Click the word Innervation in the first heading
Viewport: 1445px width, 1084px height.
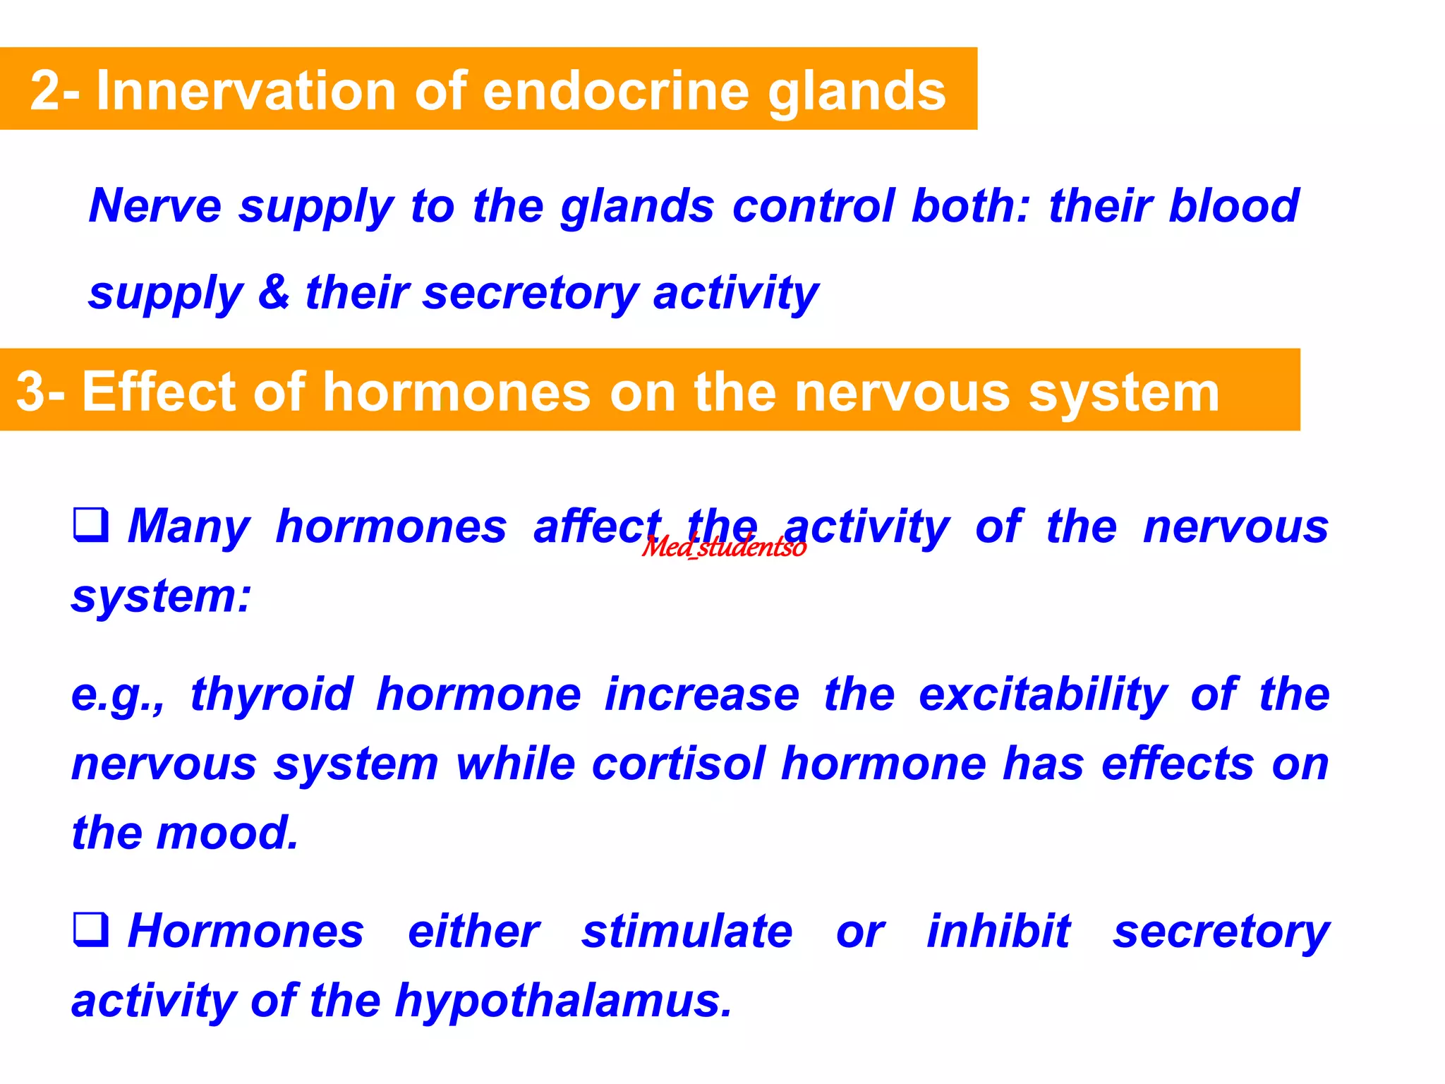[246, 90]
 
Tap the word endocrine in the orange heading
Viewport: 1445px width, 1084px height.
[615, 90]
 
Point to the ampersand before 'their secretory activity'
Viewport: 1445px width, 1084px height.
[274, 292]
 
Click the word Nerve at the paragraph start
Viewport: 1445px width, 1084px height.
[155, 205]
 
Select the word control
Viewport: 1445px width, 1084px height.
[813, 205]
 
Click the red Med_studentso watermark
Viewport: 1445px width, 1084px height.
[724, 547]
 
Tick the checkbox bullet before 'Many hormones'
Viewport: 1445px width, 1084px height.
[91, 525]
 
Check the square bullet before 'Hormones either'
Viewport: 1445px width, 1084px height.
[91, 929]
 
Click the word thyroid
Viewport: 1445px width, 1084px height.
[272, 695]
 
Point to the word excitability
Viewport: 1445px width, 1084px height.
[1043, 695]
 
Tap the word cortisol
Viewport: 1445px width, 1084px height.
[678, 764]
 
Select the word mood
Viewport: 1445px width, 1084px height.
[227, 833]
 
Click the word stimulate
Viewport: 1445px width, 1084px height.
[687, 931]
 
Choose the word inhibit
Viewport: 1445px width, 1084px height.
[998, 931]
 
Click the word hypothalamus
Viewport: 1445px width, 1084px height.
[563, 1001]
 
